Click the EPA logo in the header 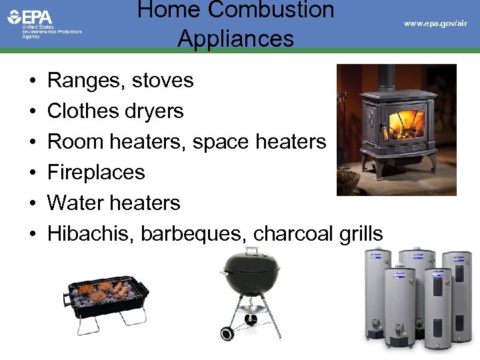(31, 17)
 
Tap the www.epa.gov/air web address (435, 23)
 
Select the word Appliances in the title (235, 39)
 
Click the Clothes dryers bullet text (115, 111)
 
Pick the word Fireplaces (96, 173)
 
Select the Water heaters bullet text (113, 203)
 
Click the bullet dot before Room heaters (33, 142)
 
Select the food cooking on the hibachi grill (103, 291)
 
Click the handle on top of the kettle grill (251, 250)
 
